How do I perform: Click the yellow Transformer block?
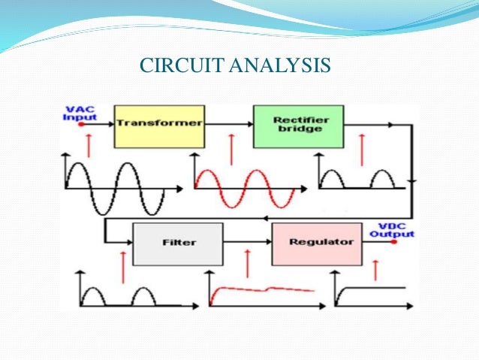158,126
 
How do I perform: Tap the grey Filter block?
177,244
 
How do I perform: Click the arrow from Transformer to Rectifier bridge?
228,125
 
